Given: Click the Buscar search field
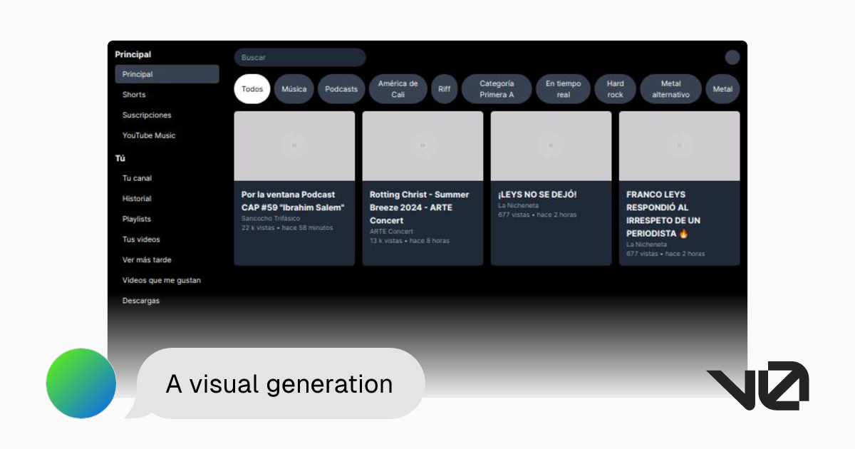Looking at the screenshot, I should [x=299, y=58].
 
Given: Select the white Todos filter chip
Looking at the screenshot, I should [x=252, y=89].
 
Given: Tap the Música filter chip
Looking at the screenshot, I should [x=294, y=89].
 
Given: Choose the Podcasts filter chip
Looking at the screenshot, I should [x=341, y=89].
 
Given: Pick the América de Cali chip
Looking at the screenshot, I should [x=398, y=89].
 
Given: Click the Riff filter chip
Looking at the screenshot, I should [x=444, y=89].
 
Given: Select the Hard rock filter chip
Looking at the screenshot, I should [x=615, y=89].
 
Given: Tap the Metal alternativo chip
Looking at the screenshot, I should [x=670, y=89].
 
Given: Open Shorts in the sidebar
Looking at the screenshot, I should [x=134, y=95].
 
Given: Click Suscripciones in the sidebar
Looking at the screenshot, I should [x=147, y=115].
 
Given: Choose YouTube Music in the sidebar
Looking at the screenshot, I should [x=149, y=135].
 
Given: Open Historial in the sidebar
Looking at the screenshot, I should [x=137, y=199].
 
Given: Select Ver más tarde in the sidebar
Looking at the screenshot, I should [x=147, y=260].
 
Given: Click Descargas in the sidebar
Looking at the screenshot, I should [x=141, y=301].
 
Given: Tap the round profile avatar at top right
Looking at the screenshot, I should [x=732, y=58].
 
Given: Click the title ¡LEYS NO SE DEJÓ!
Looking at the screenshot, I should [x=537, y=195].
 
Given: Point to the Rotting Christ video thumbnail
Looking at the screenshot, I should [x=423, y=145].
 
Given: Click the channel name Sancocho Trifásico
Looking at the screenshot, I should [x=271, y=218].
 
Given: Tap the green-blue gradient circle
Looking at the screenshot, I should [x=81, y=383].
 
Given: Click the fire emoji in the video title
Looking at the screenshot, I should [x=683, y=234].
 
